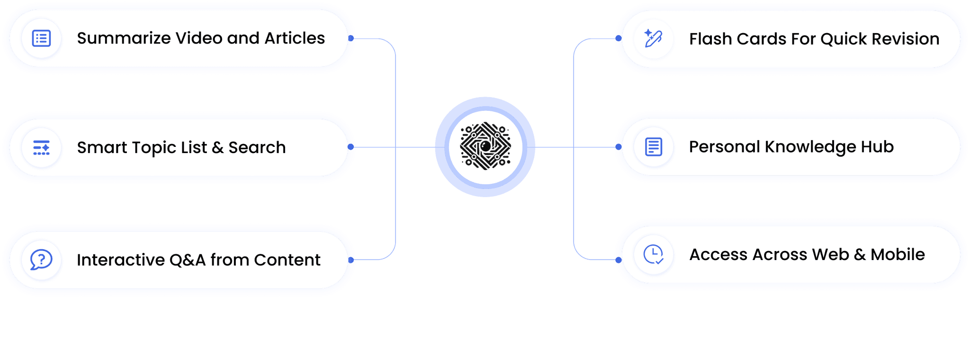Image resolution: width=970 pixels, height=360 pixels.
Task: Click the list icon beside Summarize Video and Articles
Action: pyautogui.click(x=41, y=38)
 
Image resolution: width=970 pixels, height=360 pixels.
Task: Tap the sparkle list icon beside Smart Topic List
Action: pyautogui.click(x=41, y=148)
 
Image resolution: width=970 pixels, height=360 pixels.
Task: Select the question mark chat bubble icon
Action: pyautogui.click(x=41, y=260)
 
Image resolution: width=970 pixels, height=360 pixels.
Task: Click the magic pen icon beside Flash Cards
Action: pyautogui.click(x=653, y=38)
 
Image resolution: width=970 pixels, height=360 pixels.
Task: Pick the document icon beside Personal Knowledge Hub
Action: pyautogui.click(x=654, y=147)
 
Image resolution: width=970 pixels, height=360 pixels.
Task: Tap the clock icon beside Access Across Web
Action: pyautogui.click(x=654, y=254)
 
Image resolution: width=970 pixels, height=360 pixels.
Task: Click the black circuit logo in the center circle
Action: pyautogui.click(x=485, y=146)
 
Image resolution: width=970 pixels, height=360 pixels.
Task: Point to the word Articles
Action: pyautogui.click(x=295, y=38)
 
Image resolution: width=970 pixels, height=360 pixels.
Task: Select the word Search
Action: pyautogui.click(x=257, y=148)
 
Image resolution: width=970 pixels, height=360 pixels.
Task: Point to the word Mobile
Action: pyautogui.click(x=898, y=255)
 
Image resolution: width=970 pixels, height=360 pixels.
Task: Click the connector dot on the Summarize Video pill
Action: pyautogui.click(x=351, y=38)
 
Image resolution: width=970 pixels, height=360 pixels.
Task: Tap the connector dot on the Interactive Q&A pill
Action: pyautogui.click(x=351, y=260)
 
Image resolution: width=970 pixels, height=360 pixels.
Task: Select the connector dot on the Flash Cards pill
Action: pyautogui.click(x=618, y=38)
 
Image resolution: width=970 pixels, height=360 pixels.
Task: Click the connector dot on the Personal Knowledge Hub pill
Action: pyautogui.click(x=618, y=147)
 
